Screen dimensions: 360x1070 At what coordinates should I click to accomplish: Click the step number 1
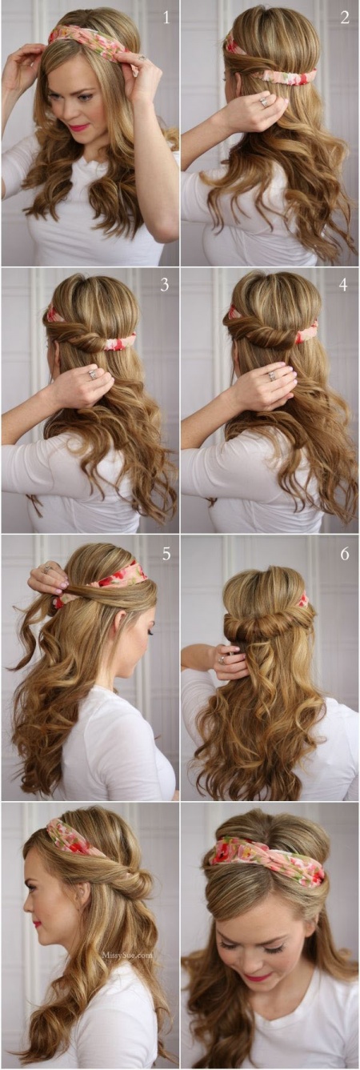(x=166, y=18)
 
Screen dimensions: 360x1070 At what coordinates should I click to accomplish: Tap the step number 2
(x=345, y=18)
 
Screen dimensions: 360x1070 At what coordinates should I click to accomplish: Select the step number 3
(x=165, y=285)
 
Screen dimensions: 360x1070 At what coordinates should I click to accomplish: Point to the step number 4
(x=343, y=285)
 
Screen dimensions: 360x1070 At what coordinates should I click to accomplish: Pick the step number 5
(x=166, y=554)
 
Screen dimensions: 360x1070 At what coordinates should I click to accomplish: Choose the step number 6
(x=345, y=554)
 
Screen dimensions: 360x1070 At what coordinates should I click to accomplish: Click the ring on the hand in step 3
(x=92, y=374)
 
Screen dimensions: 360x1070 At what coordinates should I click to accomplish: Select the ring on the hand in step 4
(x=272, y=376)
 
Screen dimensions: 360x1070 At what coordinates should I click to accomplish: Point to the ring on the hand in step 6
(x=221, y=659)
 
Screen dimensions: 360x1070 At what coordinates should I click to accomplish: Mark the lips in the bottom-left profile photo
(x=37, y=924)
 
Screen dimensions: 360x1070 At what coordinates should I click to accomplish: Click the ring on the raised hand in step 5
(x=47, y=569)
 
